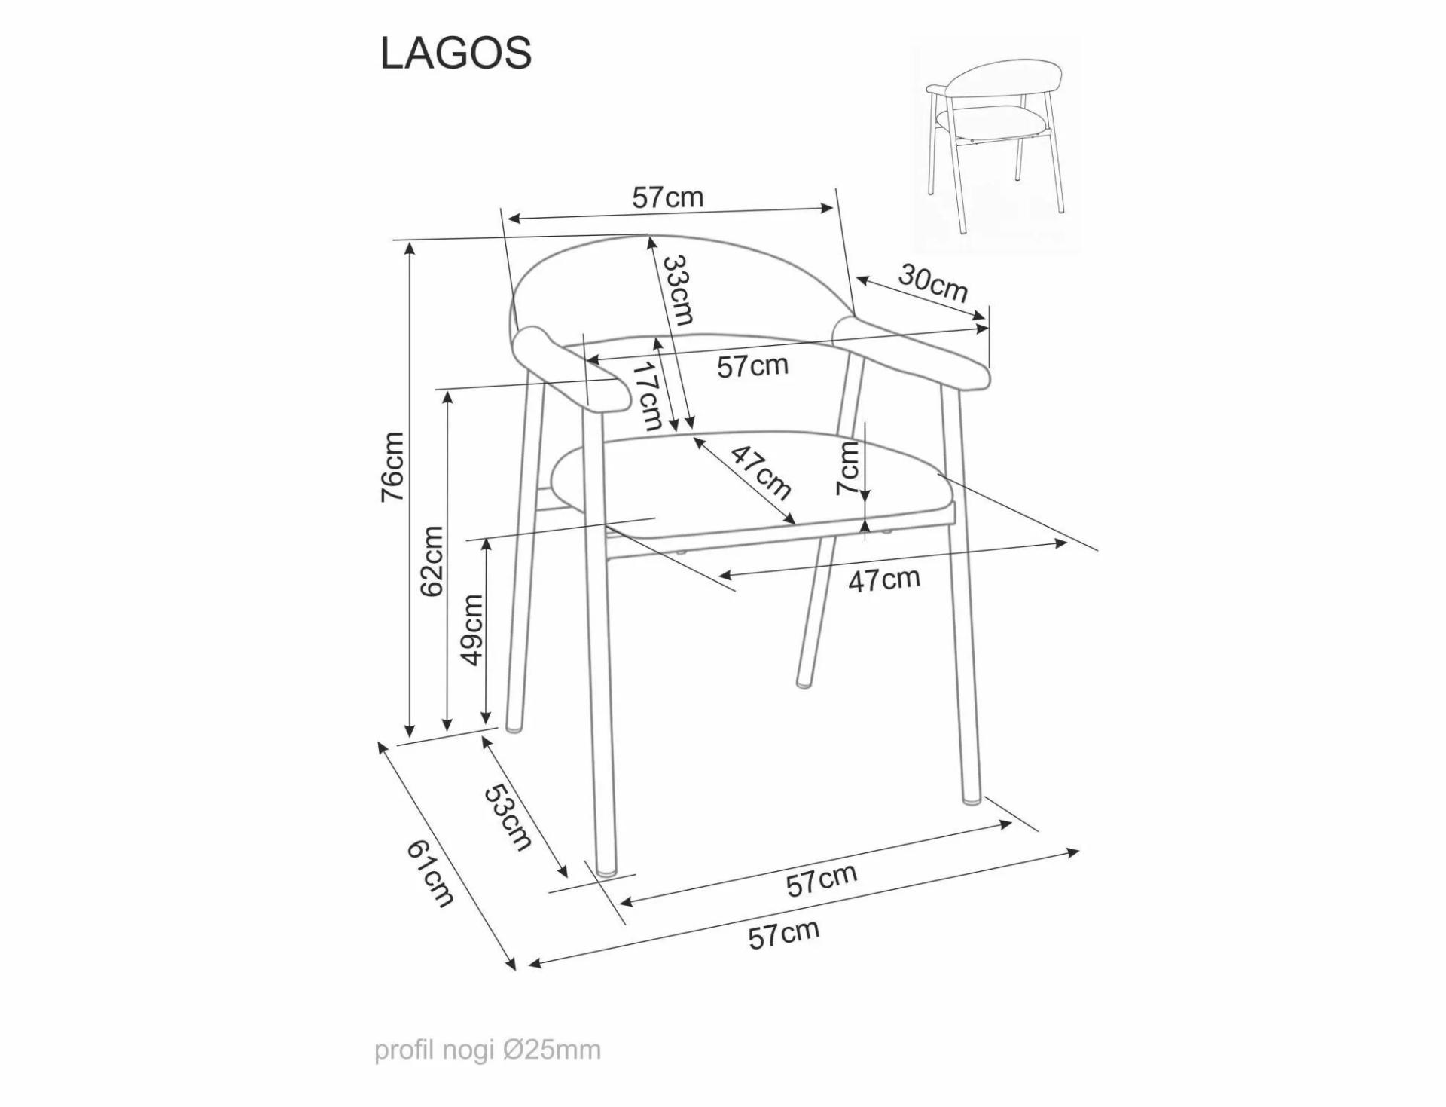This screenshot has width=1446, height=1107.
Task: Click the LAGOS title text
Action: [456, 54]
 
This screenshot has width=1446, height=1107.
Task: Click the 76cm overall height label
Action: [393, 466]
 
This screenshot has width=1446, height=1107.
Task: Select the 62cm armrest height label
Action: [432, 561]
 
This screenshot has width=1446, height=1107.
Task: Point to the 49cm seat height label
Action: [471, 629]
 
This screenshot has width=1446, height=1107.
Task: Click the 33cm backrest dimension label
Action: [677, 289]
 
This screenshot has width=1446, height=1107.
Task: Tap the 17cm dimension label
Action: [646, 396]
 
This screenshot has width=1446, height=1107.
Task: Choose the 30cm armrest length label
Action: [932, 283]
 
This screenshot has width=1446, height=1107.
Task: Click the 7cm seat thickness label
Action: [848, 468]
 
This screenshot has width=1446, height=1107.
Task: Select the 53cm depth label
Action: [508, 817]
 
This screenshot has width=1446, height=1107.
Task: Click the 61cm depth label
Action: [431, 873]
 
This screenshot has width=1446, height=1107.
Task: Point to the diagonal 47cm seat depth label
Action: [761, 473]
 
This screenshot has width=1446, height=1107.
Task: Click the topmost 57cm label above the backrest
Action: [667, 197]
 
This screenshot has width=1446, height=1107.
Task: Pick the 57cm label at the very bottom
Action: [784, 934]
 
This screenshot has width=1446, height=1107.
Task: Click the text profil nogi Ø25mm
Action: [488, 1050]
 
